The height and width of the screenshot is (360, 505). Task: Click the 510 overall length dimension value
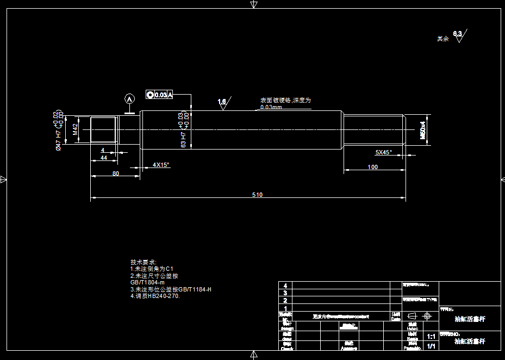(x=257, y=195)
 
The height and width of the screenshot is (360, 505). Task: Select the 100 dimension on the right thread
(x=372, y=167)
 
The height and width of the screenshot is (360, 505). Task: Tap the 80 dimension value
(x=115, y=173)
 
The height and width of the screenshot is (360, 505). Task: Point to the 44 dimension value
(x=103, y=158)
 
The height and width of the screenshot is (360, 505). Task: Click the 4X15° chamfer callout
(x=160, y=165)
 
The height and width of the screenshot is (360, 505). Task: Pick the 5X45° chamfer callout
(x=383, y=152)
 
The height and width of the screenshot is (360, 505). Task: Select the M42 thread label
(x=76, y=129)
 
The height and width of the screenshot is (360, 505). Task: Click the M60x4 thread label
(x=422, y=130)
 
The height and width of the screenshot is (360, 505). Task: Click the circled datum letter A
(x=129, y=99)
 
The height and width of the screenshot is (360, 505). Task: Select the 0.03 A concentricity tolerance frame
(x=159, y=95)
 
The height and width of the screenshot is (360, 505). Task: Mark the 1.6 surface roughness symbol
(x=222, y=102)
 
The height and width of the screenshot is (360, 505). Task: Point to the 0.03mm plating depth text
(x=271, y=107)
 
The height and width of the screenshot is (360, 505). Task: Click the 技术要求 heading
(x=143, y=262)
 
